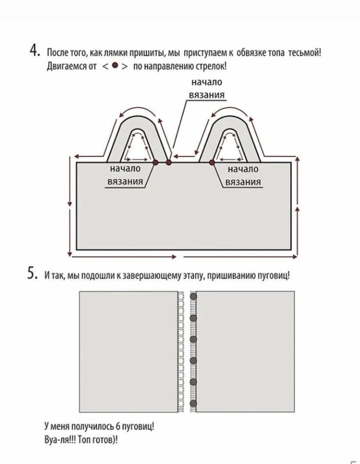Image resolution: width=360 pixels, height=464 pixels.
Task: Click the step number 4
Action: [33, 51]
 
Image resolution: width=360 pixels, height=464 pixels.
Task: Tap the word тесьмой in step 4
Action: [305, 53]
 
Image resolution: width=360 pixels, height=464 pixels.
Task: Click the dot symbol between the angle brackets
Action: [115, 65]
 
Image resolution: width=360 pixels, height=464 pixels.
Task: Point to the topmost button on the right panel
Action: [193, 297]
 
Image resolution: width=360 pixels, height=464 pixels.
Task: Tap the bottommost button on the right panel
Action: [193, 404]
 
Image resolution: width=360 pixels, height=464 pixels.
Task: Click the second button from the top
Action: [193, 318]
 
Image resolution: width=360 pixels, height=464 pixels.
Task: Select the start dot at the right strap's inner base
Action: [212, 162]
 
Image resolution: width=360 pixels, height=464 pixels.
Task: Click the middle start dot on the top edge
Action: [169, 162]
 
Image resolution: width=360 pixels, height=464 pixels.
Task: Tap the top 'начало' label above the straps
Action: [207, 82]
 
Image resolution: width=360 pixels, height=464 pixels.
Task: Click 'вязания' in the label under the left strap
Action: [125, 182]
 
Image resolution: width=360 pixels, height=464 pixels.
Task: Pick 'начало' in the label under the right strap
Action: [243, 169]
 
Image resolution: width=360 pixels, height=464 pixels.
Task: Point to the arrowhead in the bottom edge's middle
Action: [174, 257]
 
